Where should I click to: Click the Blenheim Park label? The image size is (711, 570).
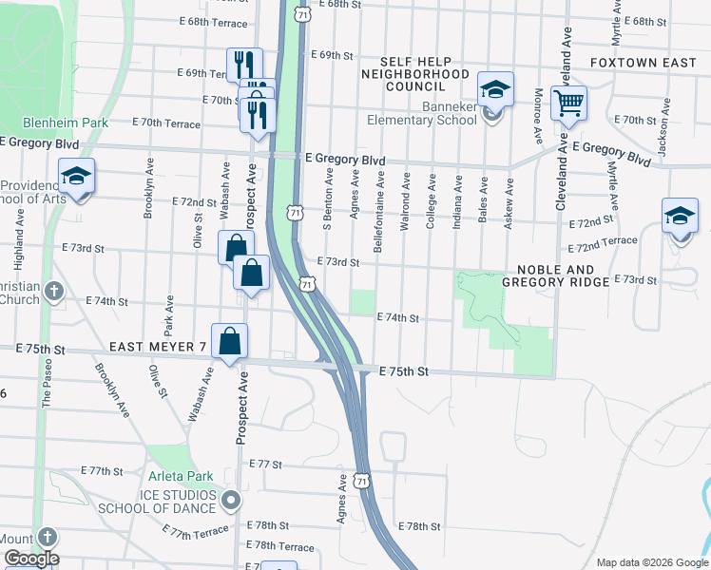point(66,123)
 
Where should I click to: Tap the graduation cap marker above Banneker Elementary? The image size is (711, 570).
point(494,90)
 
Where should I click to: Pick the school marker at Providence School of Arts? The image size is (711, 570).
point(76,177)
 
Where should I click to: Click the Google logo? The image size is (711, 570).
point(30,559)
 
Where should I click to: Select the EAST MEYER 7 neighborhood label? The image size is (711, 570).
point(157,349)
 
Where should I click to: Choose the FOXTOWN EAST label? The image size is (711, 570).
point(643,63)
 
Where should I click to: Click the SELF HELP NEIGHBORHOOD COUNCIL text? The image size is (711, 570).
point(414,73)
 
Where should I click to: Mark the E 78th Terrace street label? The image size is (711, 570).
point(279,547)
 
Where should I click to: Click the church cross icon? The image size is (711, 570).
point(54,291)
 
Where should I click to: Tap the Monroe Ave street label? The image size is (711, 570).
point(538,116)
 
